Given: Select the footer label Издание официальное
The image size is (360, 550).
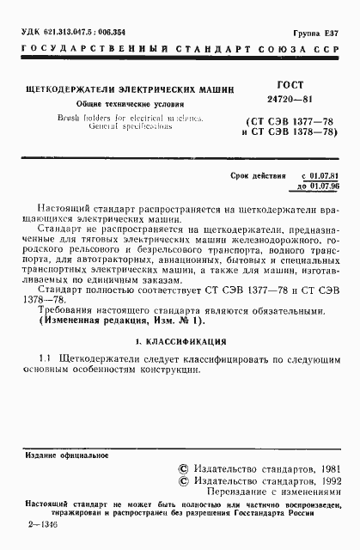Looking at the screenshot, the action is tap(57, 455).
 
